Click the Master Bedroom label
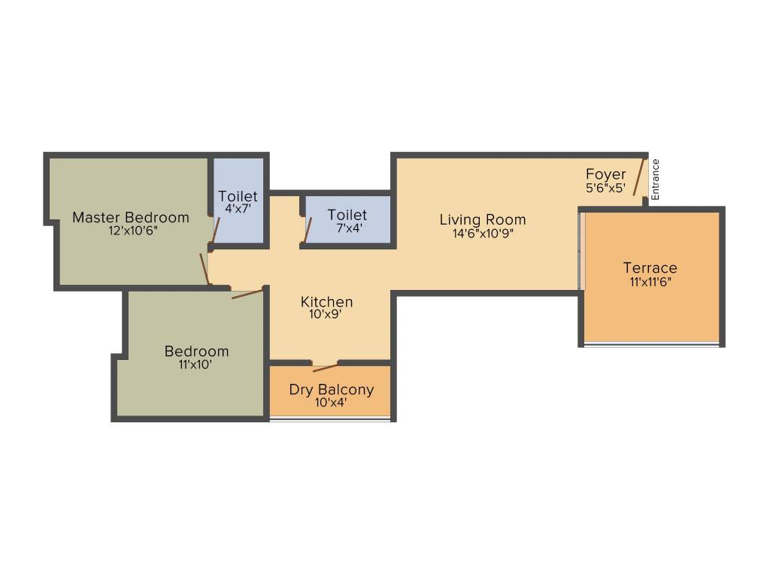[x=131, y=218]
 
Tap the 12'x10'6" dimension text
[x=131, y=231]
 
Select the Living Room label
[x=483, y=220]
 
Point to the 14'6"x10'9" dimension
[x=483, y=233]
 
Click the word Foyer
[x=606, y=175]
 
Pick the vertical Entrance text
[x=656, y=179]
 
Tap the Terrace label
[x=650, y=268]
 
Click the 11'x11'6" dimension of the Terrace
[x=650, y=282]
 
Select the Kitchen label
[x=326, y=302]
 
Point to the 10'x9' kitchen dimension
[x=326, y=315]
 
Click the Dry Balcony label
[x=331, y=390]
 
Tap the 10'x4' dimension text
[x=331, y=403]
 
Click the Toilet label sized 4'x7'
[x=238, y=197]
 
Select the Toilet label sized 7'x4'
[x=347, y=216]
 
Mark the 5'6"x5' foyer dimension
[x=606, y=188]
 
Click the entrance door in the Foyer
[x=639, y=177]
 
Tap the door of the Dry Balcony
[x=325, y=367]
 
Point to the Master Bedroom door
[x=204, y=269]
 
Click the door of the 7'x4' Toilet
[x=308, y=230]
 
